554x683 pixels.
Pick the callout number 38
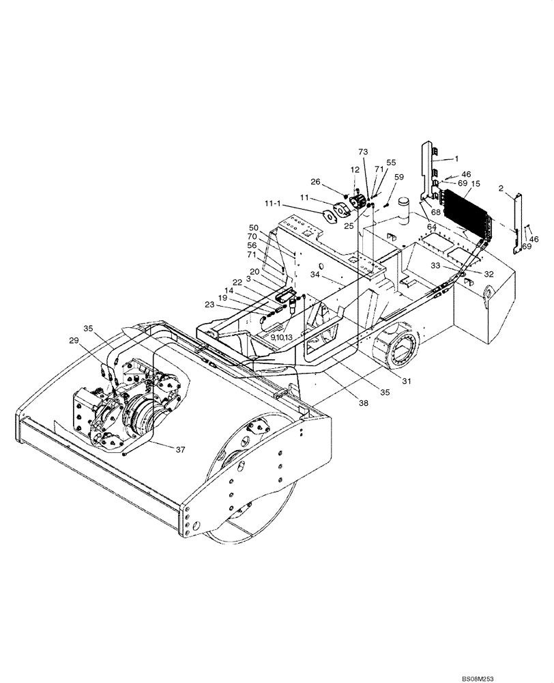[x=363, y=404]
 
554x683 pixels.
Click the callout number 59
[x=399, y=177]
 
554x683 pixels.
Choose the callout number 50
[x=254, y=227]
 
